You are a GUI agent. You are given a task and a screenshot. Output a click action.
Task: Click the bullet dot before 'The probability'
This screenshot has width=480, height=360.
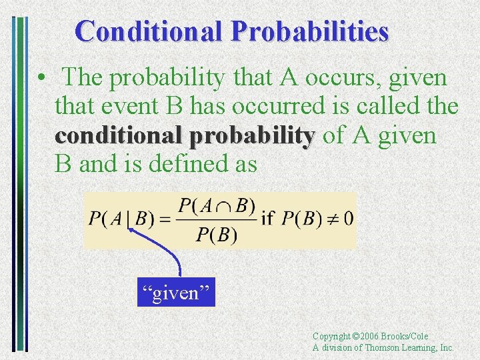(x=41, y=79)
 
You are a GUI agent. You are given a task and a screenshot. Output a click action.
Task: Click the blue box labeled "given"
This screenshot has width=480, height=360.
(x=177, y=293)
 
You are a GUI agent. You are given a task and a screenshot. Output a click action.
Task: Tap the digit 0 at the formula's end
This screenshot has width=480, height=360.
(x=349, y=219)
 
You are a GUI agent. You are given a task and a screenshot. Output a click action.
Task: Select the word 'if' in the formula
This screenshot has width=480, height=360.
(x=267, y=219)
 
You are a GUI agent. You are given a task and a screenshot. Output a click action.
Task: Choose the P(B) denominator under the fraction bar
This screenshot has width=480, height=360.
(x=216, y=235)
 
